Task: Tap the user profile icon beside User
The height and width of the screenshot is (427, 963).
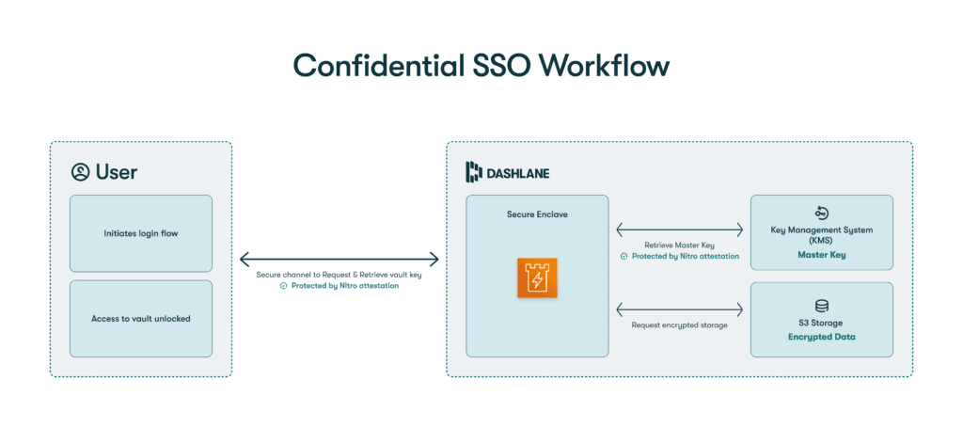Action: [x=80, y=171]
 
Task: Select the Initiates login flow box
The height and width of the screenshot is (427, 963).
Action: [x=141, y=233]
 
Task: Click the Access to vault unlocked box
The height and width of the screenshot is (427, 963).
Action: [x=141, y=318]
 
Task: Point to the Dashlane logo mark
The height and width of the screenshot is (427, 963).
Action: [x=474, y=171]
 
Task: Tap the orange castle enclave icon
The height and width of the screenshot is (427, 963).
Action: [x=538, y=279]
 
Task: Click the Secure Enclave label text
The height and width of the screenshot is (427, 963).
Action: [x=538, y=213]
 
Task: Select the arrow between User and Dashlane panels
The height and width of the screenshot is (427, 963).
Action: [x=339, y=258]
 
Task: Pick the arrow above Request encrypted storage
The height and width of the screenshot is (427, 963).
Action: [x=679, y=308]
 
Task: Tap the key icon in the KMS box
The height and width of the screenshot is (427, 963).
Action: [x=821, y=213]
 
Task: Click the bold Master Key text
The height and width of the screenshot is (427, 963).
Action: [x=821, y=254]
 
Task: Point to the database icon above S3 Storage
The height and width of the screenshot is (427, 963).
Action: [x=822, y=305]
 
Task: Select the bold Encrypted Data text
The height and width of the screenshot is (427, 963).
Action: [x=822, y=336]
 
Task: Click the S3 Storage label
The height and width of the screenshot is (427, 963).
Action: [x=822, y=323]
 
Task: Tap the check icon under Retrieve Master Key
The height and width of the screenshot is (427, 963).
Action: [x=624, y=256]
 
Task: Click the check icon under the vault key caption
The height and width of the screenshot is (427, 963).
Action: [x=284, y=285]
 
